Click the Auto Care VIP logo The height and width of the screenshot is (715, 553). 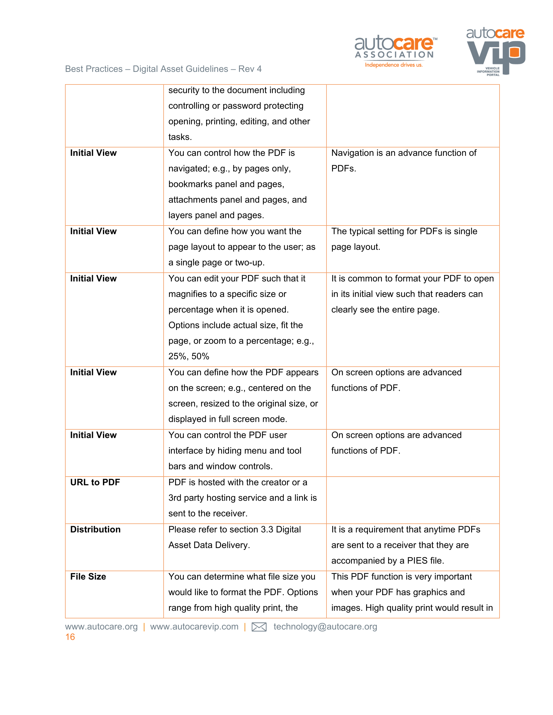[495, 51]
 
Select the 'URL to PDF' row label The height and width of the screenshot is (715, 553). [95, 482]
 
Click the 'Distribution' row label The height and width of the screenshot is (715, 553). [95, 530]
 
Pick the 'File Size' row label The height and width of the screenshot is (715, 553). [88, 577]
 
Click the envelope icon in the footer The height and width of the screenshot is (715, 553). [259, 627]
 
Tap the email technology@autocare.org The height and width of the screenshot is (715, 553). [325, 627]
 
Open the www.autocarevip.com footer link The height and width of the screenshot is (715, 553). [194, 627]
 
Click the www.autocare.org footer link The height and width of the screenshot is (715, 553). [101, 627]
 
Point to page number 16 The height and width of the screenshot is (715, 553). [70, 637]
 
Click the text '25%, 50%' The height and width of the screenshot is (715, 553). [189, 356]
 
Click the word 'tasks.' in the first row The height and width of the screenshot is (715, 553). [180, 137]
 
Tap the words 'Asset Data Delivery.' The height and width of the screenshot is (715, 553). [209, 545]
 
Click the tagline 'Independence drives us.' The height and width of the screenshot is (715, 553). [394, 65]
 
